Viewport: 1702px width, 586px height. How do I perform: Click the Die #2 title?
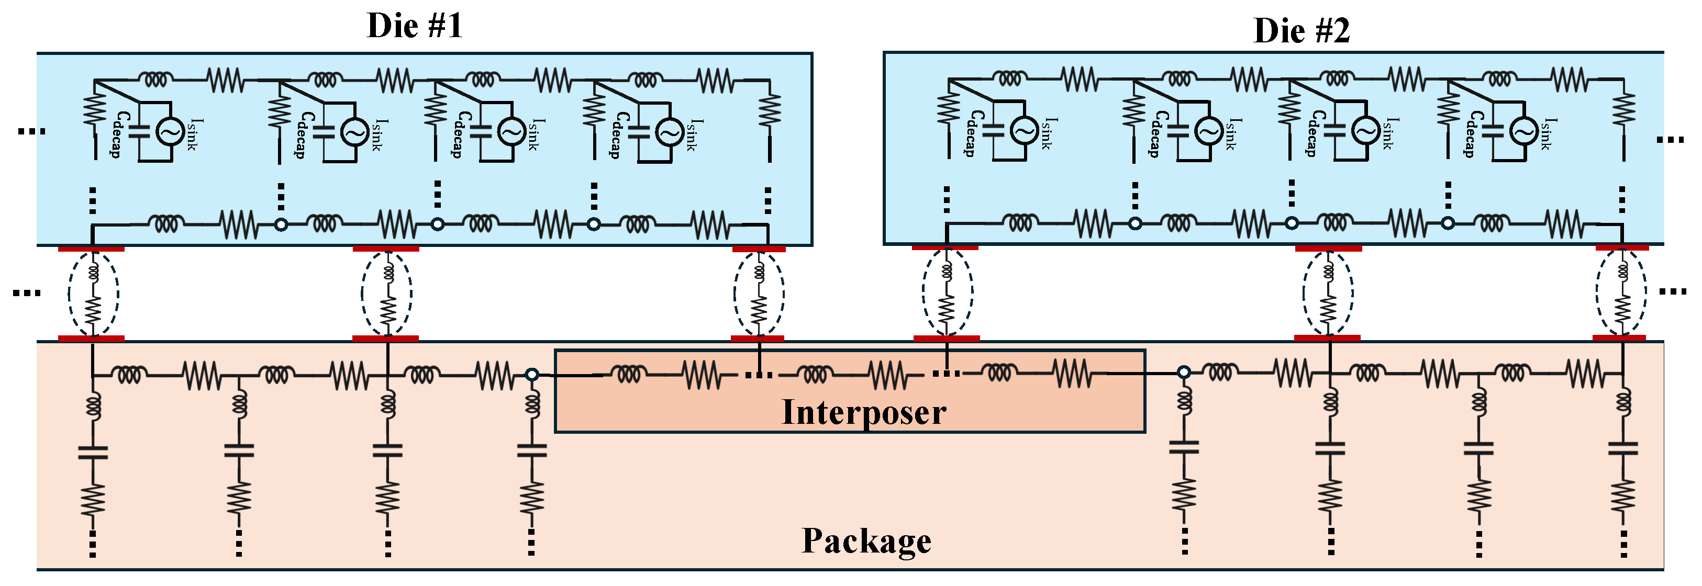[x=1301, y=31]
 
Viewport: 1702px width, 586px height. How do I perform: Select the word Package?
[x=866, y=541]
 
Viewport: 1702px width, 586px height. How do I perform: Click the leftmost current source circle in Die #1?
[x=170, y=132]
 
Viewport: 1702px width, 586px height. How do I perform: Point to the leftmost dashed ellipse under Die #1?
[x=93, y=294]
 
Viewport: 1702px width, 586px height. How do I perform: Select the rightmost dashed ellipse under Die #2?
[x=1621, y=292]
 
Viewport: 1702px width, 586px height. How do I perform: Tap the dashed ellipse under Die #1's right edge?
[x=759, y=294]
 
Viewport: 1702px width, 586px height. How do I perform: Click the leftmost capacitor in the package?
[x=93, y=453]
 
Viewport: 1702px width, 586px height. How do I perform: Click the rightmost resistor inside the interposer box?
[x=1072, y=374]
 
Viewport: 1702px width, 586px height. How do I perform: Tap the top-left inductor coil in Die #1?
[x=156, y=80]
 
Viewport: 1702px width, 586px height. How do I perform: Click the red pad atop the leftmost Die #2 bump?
[x=945, y=248]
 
